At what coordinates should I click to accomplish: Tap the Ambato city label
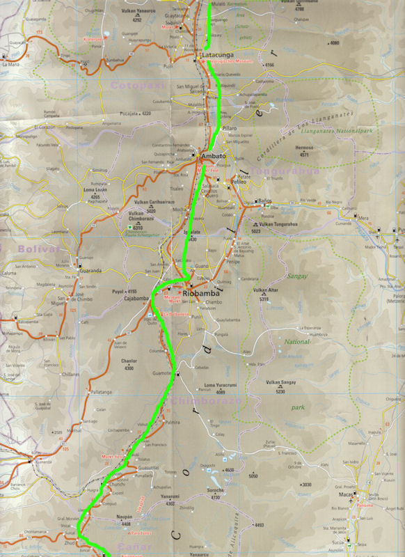(x=213, y=157)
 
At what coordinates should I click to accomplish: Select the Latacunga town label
(x=215, y=54)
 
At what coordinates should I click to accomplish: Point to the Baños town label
(x=264, y=201)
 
